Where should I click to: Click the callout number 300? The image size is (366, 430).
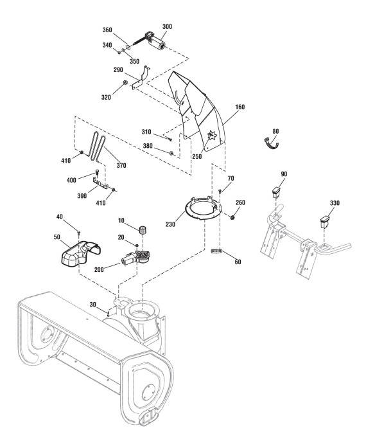click(167, 26)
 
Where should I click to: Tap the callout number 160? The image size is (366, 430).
click(240, 107)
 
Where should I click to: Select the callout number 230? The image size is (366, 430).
click(170, 224)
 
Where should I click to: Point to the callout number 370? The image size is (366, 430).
click(121, 165)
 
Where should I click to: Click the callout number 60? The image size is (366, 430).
click(238, 262)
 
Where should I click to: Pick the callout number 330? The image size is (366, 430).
click(335, 203)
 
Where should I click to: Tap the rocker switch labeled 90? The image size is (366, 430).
click(276, 192)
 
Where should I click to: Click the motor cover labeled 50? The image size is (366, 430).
click(80, 253)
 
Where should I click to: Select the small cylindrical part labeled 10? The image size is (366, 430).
click(143, 230)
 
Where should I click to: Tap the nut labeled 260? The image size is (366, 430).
click(233, 218)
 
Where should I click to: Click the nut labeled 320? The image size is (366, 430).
click(125, 82)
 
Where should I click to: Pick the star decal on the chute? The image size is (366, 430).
click(212, 136)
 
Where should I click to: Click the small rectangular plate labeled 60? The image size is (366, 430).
click(216, 251)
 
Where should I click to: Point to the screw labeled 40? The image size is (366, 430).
click(79, 233)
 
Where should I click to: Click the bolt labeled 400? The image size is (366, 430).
click(97, 172)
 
